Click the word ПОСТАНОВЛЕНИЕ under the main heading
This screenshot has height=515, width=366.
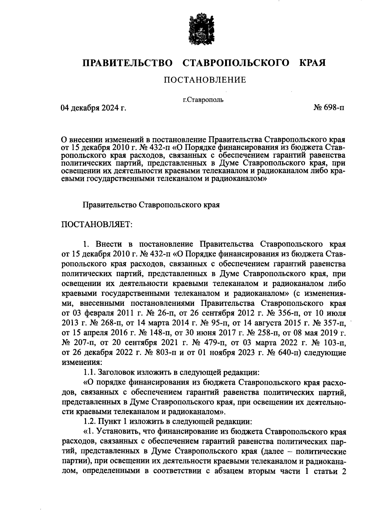[x=205, y=80]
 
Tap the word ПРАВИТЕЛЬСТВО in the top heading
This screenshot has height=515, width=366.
[x=128, y=63]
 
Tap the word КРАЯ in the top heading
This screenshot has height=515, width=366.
[x=312, y=63]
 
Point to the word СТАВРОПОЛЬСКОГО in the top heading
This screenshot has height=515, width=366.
[x=235, y=63]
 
